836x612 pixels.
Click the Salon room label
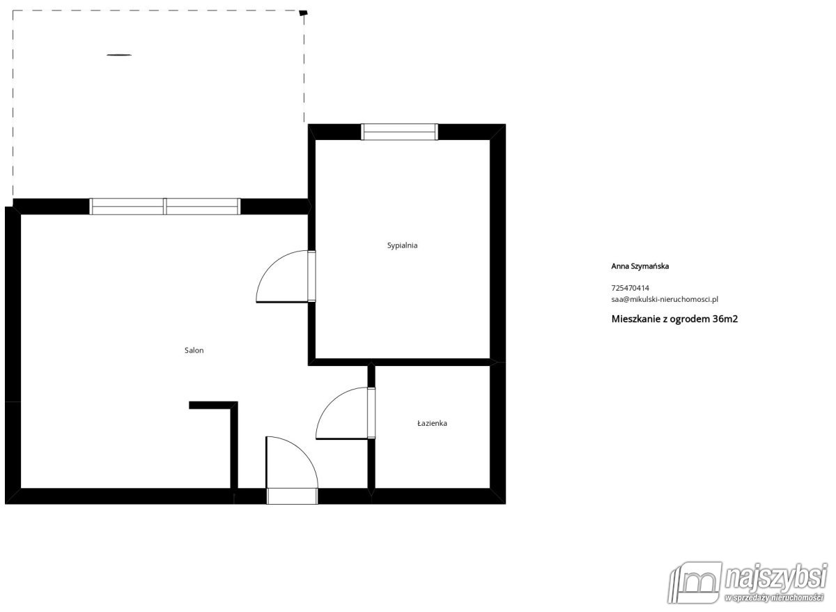194,351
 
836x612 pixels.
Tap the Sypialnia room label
402,245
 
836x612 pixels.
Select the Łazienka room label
432,423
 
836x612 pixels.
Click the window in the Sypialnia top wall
399,132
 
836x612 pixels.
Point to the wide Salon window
165,206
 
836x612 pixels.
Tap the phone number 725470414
630,288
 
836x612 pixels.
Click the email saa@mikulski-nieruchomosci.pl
664,299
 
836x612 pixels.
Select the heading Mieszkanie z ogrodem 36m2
674,319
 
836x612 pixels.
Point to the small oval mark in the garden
120,54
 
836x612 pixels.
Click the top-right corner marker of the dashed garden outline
302,13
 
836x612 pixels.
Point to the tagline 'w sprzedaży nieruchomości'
774,599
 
